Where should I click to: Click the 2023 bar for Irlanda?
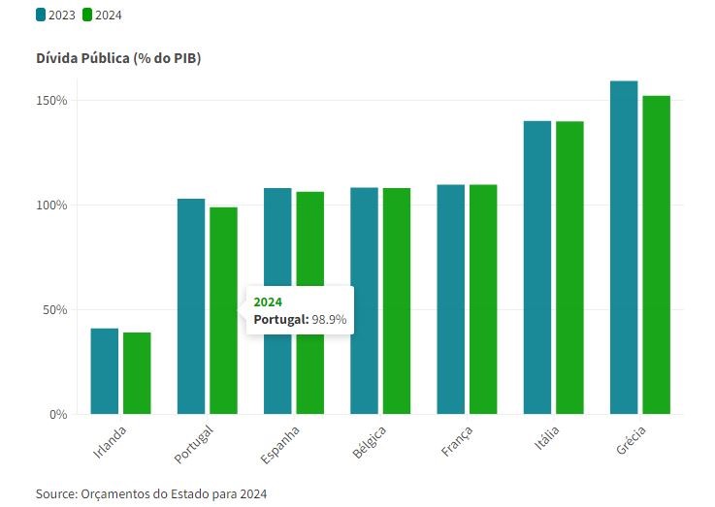click(x=105, y=371)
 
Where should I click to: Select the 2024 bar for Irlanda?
click(x=137, y=373)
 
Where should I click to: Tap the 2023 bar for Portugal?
click(x=191, y=306)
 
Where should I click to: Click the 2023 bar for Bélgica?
click(x=364, y=301)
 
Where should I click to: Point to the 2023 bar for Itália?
click(x=537, y=268)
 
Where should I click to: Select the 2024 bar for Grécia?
click(x=656, y=254)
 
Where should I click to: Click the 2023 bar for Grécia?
click(x=624, y=247)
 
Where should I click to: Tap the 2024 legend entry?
click(x=102, y=15)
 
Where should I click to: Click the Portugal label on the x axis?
click(x=194, y=442)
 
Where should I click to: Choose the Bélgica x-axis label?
click(x=370, y=441)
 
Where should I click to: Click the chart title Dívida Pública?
click(x=118, y=58)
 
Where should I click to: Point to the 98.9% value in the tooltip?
click(x=329, y=319)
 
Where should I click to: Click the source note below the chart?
click(x=150, y=493)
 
